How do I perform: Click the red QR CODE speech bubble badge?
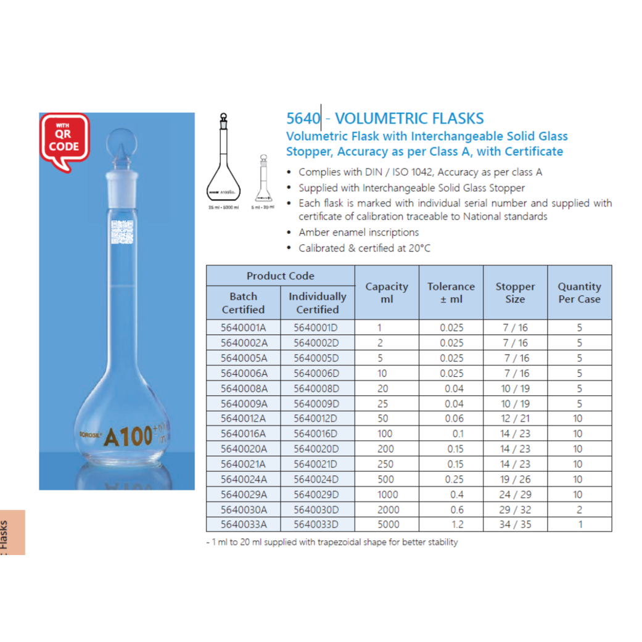tap(65, 139)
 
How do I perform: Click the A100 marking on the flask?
tap(128, 436)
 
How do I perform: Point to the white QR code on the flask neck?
tap(123, 234)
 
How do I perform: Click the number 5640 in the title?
tap(303, 118)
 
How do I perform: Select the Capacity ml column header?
tap(387, 292)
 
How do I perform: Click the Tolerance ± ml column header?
tap(451, 292)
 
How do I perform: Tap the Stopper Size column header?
tap(515, 292)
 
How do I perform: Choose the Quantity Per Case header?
tap(579, 292)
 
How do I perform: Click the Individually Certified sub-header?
tap(318, 303)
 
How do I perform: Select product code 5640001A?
tap(243, 327)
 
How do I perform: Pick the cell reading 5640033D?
tap(316, 525)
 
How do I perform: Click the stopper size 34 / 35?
tap(515, 525)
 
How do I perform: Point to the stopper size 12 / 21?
tap(515, 419)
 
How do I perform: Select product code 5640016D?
tap(316, 434)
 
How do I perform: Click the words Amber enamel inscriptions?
tap(358, 233)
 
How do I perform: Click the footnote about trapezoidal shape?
tap(332, 542)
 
